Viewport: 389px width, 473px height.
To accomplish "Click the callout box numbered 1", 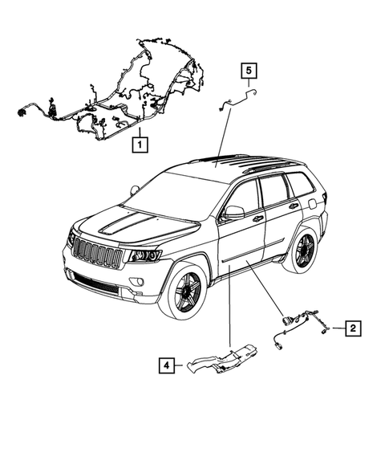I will point(140,145).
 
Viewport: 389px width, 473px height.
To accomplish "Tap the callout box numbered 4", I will point(164,365).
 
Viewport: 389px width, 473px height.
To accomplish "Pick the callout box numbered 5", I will point(249,72).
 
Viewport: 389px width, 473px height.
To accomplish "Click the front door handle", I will point(257,218).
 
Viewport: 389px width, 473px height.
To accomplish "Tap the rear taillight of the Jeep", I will point(324,198).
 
